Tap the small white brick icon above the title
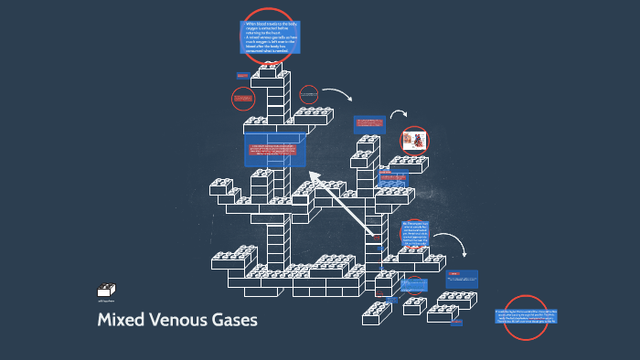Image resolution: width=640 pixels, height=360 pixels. (106, 291)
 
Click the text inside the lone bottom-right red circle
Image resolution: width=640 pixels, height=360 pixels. (525, 317)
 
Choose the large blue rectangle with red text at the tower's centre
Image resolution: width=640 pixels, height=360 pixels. (275, 150)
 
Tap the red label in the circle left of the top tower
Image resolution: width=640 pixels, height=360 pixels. (242, 98)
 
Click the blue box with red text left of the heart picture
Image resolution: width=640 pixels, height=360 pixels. (369, 123)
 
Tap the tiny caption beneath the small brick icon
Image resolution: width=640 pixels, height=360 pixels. (107, 301)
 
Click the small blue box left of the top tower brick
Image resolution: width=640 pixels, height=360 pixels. (243, 75)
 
